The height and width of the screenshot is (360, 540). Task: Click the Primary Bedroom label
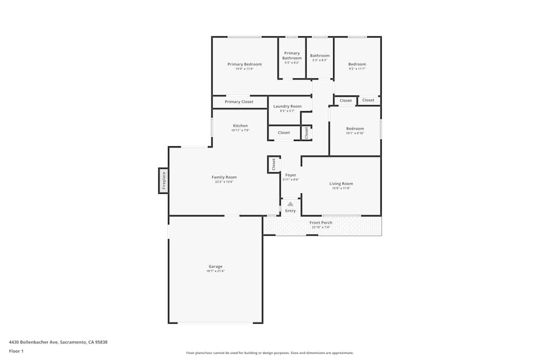[244, 64]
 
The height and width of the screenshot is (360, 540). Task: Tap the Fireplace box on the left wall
[164, 181]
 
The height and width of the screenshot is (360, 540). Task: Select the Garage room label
[215, 267]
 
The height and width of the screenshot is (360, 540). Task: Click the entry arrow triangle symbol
[291, 204]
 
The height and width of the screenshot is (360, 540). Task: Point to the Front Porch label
[321, 222]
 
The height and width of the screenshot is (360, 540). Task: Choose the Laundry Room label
[287, 106]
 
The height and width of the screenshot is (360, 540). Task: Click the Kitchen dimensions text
[240, 130]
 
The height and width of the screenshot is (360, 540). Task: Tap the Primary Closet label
[239, 101]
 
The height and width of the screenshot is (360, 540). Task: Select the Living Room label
[341, 184]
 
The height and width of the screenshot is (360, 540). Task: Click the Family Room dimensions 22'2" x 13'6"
[224, 182]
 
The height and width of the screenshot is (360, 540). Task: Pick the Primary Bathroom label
[292, 56]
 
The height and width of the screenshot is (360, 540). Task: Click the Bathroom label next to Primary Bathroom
[320, 56]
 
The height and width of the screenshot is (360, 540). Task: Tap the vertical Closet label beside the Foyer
[274, 164]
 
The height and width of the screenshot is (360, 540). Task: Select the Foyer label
[291, 175]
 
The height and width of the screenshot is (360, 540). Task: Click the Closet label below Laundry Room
[283, 133]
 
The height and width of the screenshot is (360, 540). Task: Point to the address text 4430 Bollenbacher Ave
[58, 342]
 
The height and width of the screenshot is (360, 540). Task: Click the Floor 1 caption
[16, 351]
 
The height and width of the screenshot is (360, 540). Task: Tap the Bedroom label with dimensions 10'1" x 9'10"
[355, 128]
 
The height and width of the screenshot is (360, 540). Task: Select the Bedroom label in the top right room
[357, 64]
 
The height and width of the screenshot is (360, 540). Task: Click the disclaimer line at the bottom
[269, 352]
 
